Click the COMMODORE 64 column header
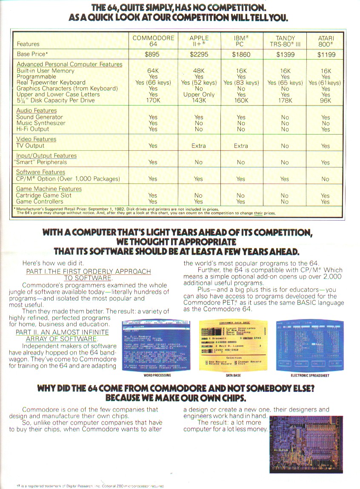point(153,41)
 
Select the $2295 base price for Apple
point(199,55)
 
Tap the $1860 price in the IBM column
point(241,55)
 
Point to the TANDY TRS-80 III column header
point(285,41)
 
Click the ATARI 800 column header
point(326,41)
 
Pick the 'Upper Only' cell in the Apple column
point(199,95)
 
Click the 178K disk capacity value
point(285,101)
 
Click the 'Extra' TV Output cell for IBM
point(241,146)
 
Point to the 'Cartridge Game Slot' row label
point(44,196)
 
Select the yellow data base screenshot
point(234,345)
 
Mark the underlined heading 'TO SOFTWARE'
point(89,278)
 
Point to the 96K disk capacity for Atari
point(326,101)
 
